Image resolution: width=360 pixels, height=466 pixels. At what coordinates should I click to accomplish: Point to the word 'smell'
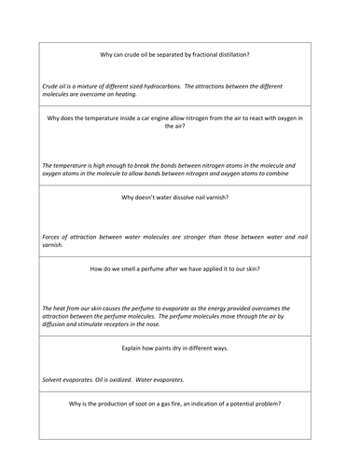[127, 268]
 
